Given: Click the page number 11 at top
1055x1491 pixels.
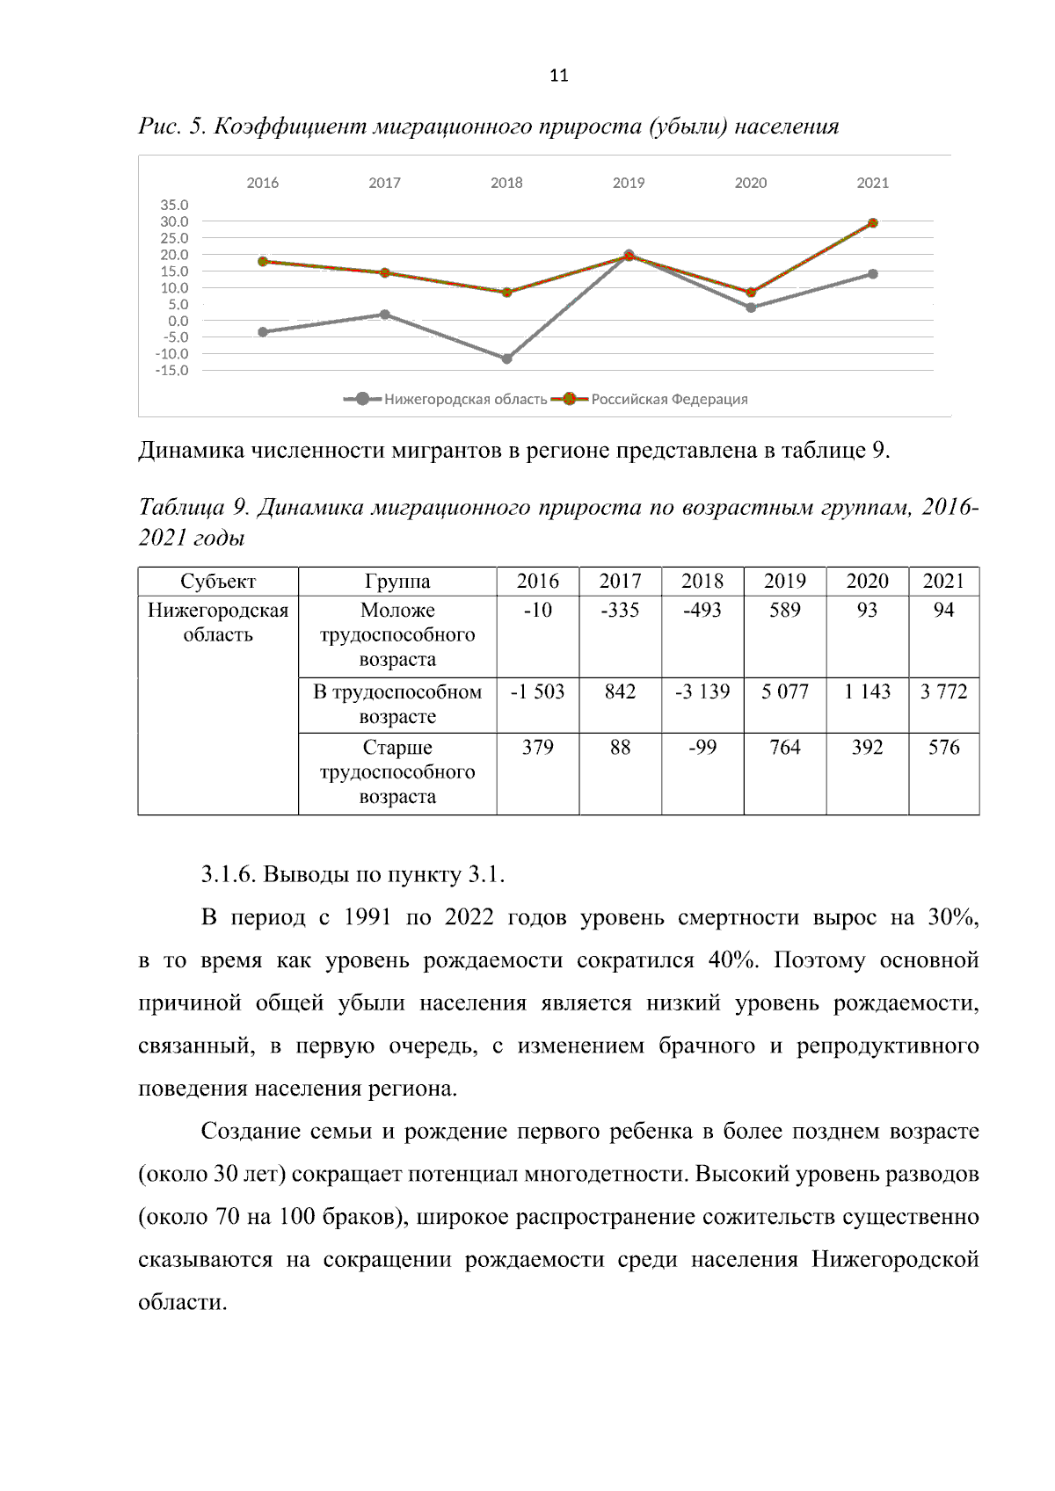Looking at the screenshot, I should click(x=558, y=76).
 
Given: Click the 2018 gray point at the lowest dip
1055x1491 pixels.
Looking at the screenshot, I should click(x=506, y=358).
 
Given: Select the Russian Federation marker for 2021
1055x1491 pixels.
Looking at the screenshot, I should click(x=872, y=223).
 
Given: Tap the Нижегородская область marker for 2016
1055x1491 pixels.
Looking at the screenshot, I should click(x=263, y=332).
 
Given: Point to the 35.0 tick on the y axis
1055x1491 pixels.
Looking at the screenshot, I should click(x=174, y=205).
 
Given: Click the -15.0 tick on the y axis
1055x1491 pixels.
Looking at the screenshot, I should click(x=172, y=371).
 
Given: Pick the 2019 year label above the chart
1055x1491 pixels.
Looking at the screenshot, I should click(x=628, y=183).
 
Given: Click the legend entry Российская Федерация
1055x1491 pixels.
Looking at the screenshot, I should click(x=668, y=399).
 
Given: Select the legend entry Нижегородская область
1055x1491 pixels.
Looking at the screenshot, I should click(x=465, y=399).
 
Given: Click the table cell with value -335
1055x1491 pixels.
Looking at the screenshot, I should click(x=620, y=610).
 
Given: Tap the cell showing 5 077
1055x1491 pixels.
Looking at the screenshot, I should click(x=784, y=691).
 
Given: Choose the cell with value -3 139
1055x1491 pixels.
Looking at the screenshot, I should click(x=702, y=691).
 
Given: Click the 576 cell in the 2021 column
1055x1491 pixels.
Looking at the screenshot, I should click(x=943, y=747).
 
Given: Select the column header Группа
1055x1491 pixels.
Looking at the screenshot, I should click(x=397, y=581).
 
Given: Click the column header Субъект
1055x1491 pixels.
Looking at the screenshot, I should click(x=218, y=581).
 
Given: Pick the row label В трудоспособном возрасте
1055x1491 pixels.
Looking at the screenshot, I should click(x=397, y=704).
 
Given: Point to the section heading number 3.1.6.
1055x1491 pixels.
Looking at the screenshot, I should click(x=229, y=874).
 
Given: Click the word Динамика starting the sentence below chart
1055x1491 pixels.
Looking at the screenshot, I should click(x=192, y=451).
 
